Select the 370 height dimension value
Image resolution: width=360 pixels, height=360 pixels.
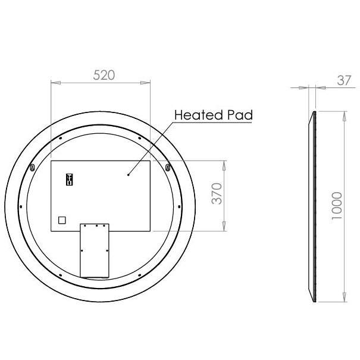tap(218, 195)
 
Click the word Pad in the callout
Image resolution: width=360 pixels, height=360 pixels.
tap(240, 115)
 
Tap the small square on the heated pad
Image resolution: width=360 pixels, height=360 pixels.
tap(61, 220)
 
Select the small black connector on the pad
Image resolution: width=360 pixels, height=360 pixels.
tap(69, 179)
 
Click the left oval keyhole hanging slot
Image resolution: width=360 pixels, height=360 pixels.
tap(32, 168)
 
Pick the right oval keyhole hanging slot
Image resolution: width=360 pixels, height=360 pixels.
tap(168, 168)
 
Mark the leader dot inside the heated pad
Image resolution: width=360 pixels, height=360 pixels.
tap(129, 174)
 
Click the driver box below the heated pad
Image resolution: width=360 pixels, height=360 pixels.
tap(94, 250)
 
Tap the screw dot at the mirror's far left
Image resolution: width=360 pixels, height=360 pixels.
tap(21, 207)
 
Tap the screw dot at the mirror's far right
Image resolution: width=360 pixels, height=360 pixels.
tap(180, 207)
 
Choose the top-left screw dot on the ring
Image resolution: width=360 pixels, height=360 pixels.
tap(61, 139)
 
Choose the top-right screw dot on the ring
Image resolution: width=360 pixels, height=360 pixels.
tap(139, 139)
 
